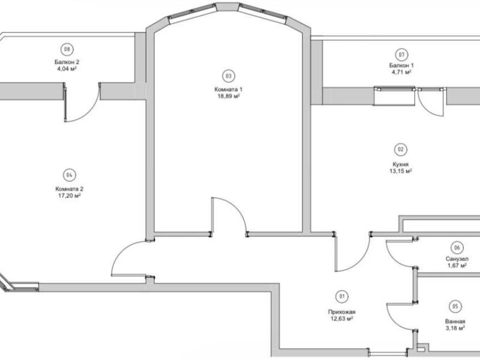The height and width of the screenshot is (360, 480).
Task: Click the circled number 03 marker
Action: click(x=229, y=76)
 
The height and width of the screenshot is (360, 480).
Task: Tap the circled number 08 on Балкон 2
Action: click(x=67, y=49)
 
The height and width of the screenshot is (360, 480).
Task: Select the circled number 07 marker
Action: click(x=401, y=55)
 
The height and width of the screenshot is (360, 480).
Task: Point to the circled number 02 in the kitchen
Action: click(x=400, y=149)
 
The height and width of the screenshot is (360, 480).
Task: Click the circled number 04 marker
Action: click(x=69, y=175)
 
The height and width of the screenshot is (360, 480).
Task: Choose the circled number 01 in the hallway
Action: click(x=341, y=296)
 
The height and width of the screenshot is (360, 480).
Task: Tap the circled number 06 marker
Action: click(x=457, y=248)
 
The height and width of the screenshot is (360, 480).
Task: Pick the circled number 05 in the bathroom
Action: click(x=455, y=307)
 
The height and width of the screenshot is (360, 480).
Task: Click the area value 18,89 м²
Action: click(x=229, y=96)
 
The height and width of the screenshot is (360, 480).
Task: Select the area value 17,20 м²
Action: click(x=69, y=196)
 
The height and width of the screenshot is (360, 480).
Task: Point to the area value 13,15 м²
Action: click(x=400, y=171)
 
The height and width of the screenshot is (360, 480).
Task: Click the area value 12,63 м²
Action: click(x=341, y=319)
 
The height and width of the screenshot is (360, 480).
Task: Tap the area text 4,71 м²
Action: click(x=401, y=72)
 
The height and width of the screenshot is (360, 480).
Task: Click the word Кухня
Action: click(x=400, y=164)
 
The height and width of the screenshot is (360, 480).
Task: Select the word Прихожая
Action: click(x=341, y=312)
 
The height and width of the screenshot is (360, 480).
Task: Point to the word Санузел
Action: click(x=457, y=259)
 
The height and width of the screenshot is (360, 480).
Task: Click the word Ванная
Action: click(x=455, y=322)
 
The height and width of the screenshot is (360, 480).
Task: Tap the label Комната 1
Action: click(x=229, y=89)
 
